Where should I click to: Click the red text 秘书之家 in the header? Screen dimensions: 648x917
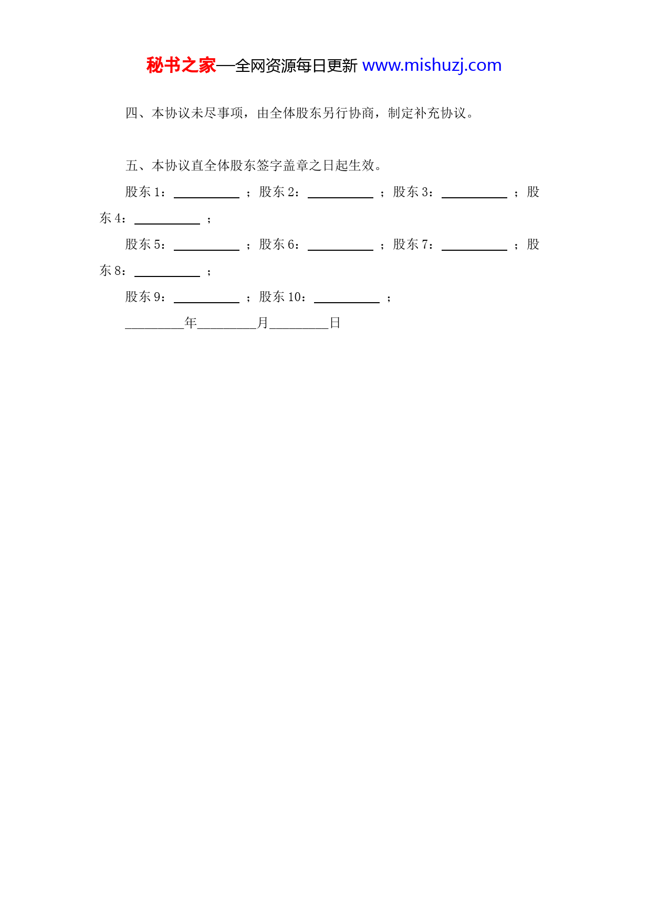tap(181, 66)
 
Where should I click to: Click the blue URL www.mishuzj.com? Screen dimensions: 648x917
tap(432, 66)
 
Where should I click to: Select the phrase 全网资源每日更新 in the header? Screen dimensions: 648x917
tap(296, 66)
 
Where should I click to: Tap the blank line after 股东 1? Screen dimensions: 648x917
tap(206, 197)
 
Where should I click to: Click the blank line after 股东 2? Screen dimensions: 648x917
tap(340, 197)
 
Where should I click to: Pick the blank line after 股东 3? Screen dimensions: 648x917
tap(474, 197)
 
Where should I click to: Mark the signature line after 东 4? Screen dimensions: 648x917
tap(167, 223)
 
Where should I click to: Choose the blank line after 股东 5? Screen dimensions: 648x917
tap(206, 250)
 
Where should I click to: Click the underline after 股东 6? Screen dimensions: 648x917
tap(340, 250)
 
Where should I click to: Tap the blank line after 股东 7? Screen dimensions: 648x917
tap(474, 250)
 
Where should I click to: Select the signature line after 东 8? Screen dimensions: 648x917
tap(167, 276)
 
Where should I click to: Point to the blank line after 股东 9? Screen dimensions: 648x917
tap(206, 302)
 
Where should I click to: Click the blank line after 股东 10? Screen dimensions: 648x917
tap(347, 302)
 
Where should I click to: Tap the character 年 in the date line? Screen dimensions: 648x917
tap(191, 323)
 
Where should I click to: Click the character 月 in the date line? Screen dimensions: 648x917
tap(263, 323)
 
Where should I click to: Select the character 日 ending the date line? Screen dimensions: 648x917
tap(335, 323)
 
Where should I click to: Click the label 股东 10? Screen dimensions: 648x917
tap(282, 296)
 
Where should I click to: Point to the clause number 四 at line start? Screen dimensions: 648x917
tap(132, 113)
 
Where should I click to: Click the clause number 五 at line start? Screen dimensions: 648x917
tap(132, 165)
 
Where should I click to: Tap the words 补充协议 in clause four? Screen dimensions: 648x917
tap(440, 113)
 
